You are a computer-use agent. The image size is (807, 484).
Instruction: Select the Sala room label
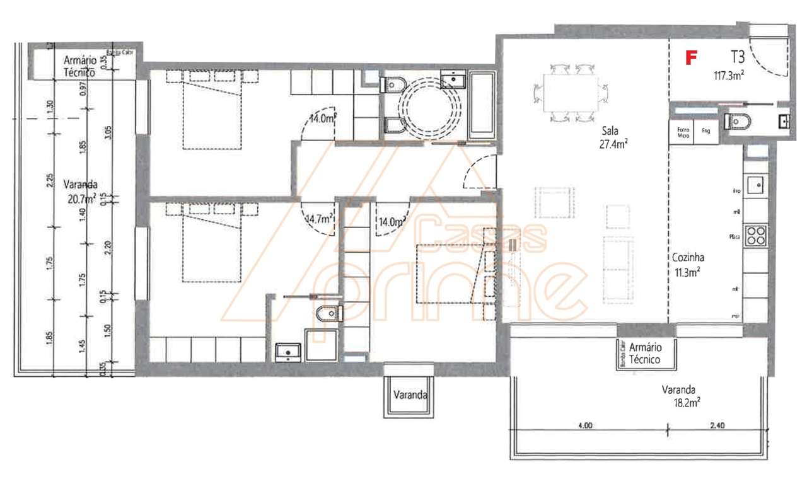tap(610, 131)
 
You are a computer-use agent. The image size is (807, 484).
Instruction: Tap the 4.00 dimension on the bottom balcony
tap(584, 425)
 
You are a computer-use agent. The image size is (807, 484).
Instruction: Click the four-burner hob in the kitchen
tap(756, 234)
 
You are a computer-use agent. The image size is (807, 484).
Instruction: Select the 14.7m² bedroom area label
tap(319, 219)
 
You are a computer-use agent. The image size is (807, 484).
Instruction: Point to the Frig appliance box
tap(705, 132)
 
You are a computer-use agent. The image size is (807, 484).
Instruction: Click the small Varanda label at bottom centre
tap(410, 396)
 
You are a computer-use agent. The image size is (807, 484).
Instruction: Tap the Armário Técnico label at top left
tap(79, 66)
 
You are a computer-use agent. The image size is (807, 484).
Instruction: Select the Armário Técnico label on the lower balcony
tap(645, 354)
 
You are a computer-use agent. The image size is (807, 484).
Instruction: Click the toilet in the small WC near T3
tap(736, 120)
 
